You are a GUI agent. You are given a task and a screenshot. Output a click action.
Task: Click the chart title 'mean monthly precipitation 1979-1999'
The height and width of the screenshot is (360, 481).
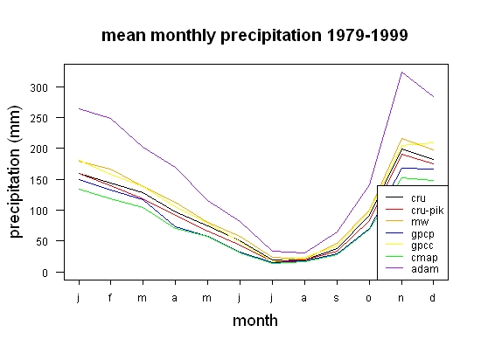pos(254,36)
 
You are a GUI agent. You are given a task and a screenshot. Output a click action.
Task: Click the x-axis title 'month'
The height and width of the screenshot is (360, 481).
pos(255,321)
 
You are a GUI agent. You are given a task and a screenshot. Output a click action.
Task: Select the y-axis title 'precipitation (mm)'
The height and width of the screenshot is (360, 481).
pos(15,171)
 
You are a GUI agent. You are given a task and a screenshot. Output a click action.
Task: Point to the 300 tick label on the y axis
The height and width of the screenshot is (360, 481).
pos(39,88)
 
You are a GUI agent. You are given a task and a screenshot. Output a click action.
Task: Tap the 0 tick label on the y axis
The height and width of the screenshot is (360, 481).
pos(45,273)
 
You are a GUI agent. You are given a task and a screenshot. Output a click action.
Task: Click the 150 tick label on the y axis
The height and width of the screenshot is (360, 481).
pos(39,180)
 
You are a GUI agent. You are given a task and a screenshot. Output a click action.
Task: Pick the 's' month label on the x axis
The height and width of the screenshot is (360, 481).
pos(337,298)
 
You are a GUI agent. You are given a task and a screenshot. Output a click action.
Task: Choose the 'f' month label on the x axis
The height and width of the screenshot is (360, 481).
pos(110,297)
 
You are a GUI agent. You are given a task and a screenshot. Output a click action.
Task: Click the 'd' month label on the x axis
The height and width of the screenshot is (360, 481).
pos(432,297)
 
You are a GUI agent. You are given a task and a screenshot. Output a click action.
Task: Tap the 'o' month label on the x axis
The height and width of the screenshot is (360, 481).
pos(369,298)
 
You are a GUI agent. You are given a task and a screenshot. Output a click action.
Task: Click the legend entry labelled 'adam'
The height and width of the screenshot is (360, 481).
pos(425,269)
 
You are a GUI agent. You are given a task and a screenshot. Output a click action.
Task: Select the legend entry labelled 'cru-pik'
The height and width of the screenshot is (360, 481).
pos(428,211)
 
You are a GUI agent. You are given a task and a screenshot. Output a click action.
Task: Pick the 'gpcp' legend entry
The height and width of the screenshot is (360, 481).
pos(422,234)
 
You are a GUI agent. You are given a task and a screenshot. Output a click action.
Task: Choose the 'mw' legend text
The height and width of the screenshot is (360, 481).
pos(420,222)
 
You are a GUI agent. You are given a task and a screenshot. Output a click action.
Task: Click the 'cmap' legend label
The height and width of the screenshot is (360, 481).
pos(424,258)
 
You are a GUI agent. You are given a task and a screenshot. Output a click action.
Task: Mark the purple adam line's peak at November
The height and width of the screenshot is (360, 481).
pos(401,73)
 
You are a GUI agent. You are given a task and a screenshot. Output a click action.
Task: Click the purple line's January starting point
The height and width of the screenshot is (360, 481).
pos(79,108)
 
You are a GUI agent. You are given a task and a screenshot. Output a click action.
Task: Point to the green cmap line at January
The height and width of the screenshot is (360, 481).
pos(79,189)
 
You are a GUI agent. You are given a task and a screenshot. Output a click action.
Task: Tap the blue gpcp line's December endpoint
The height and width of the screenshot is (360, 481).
pos(433,170)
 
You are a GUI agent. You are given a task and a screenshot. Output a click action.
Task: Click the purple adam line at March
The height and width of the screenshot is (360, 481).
pos(143,148)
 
